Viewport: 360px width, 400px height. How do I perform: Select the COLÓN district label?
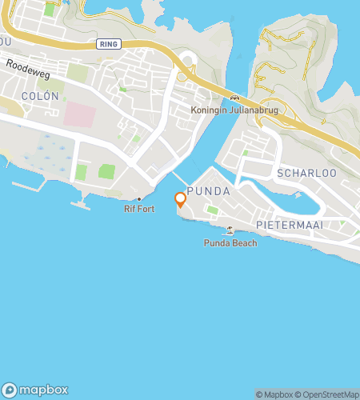[x=40, y=95]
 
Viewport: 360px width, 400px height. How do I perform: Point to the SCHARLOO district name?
[x=298, y=173]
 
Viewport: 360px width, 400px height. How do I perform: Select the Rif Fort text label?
[x=138, y=210]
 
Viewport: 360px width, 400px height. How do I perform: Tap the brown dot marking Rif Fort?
[x=139, y=199]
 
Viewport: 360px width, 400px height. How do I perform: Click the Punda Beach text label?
[x=230, y=242]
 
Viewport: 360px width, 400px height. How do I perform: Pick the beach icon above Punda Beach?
[x=230, y=230]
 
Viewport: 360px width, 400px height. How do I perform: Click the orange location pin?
[x=181, y=199]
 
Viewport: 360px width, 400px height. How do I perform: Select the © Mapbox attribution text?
[x=274, y=394]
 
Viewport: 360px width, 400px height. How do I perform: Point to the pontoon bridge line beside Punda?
[x=179, y=178]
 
